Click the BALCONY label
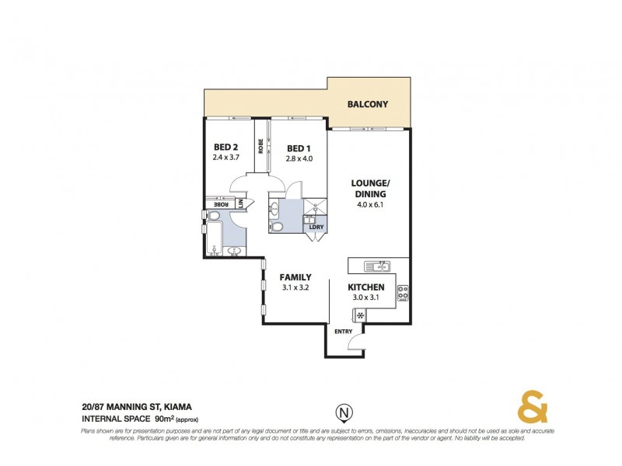click(x=368, y=104)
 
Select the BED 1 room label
click(x=299, y=148)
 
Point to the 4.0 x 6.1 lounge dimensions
click(x=370, y=205)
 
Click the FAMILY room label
click(x=296, y=277)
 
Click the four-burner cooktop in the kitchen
click(x=403, y=294)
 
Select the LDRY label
click(x=316, y=226)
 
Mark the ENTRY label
click(x=343, y=332)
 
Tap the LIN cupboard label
click(x=241, y=203)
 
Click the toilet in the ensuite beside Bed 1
click(x=277, y=226)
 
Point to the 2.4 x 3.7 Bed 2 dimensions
click(x=225, y=157)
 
